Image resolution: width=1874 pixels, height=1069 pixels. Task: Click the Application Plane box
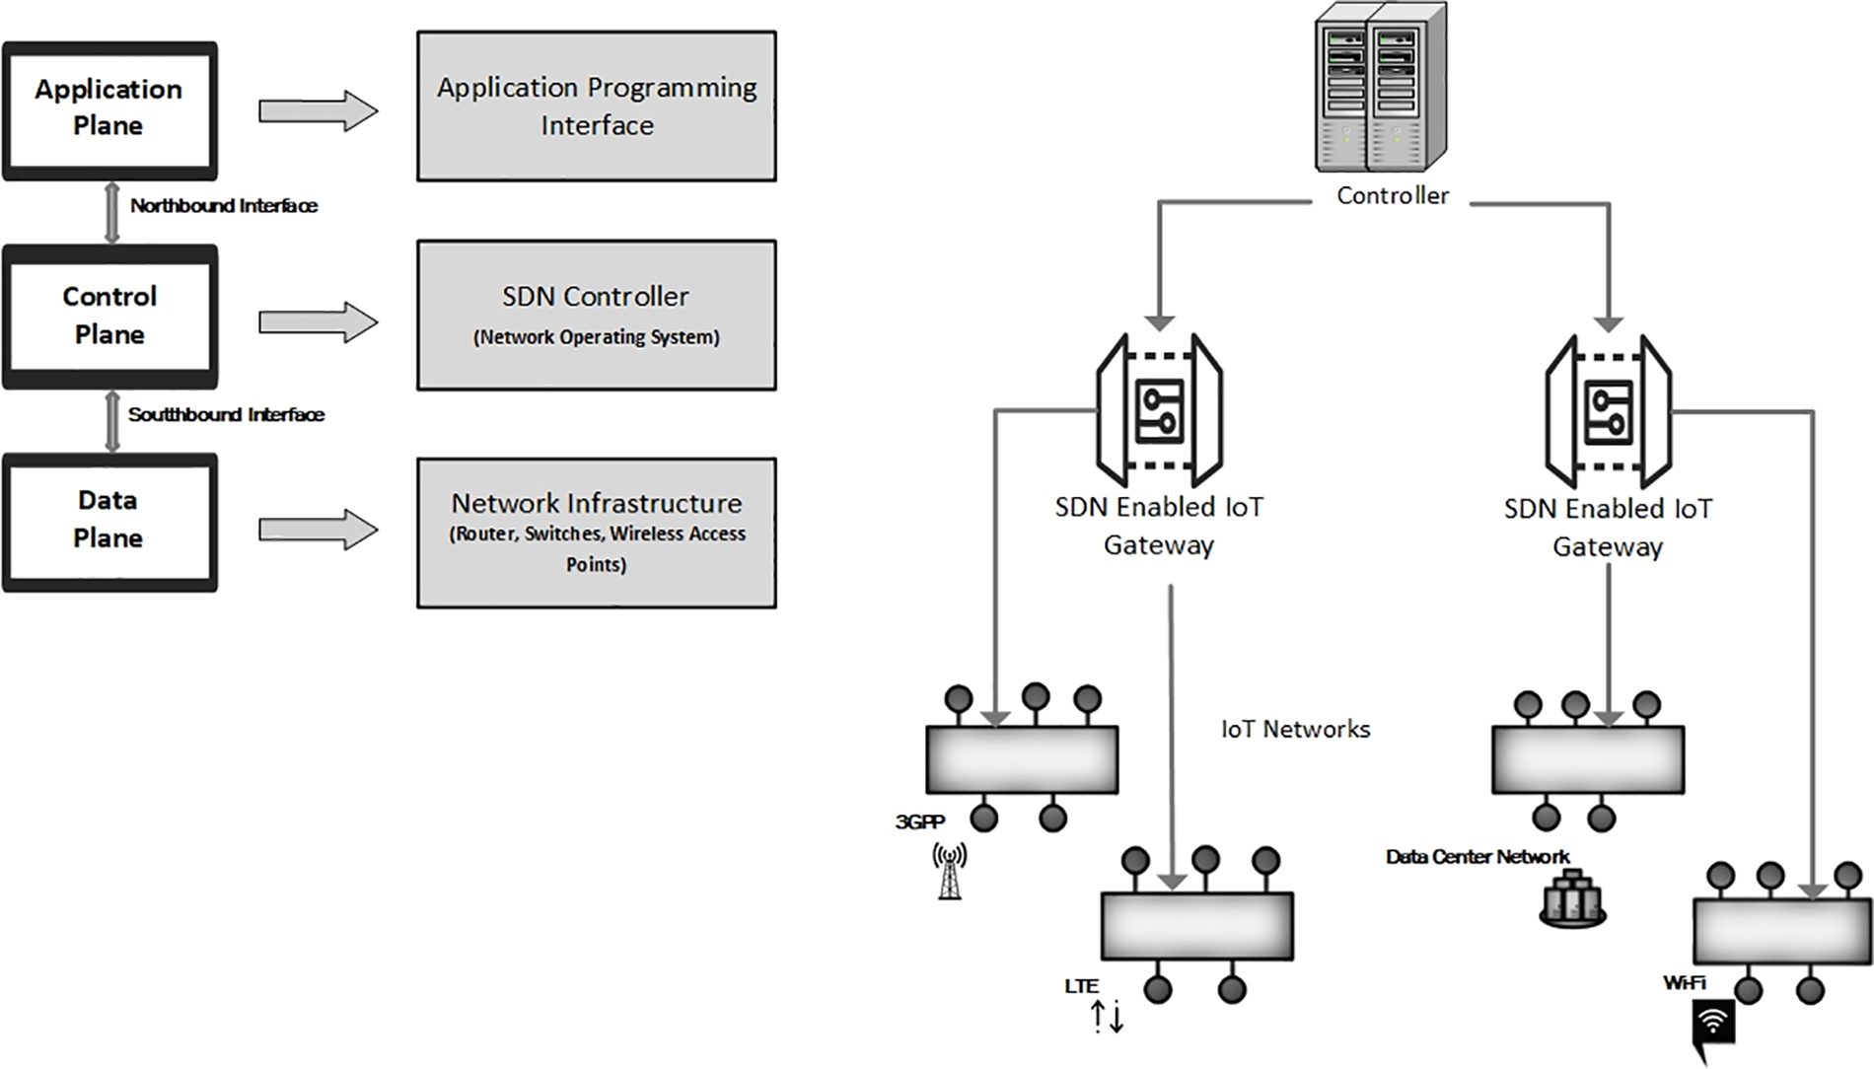109,109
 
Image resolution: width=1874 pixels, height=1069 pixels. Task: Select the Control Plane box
109,316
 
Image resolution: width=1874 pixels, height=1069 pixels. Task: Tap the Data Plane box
109,521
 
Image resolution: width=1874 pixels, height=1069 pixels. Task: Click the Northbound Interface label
224,206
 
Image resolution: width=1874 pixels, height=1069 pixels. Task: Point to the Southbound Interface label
226,415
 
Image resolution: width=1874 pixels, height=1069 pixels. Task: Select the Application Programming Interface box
596,107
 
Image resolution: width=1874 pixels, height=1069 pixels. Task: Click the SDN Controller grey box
596,316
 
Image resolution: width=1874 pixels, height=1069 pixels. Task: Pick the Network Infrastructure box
596,533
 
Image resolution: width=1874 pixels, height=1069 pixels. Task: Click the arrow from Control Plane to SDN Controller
318,322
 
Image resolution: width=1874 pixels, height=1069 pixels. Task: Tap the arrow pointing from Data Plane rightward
318,530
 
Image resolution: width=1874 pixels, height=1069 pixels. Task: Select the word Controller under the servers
1392,196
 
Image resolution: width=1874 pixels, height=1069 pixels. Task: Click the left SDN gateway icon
1159,410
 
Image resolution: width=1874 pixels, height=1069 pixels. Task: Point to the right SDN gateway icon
1608,411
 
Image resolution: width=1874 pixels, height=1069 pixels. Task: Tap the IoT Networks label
1295,730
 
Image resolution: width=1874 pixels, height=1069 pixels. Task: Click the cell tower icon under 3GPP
949,872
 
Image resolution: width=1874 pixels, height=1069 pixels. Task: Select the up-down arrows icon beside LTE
1108,1016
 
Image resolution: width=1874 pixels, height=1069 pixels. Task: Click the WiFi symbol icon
1713,1026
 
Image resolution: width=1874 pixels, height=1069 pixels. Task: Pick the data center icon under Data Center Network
1572,898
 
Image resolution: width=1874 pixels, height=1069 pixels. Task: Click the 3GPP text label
919,822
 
